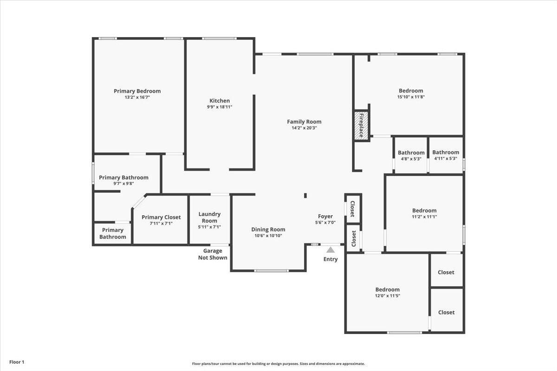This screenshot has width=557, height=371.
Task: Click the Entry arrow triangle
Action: (x=330, y=250)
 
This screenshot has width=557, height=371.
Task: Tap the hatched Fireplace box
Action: (x=361, y=126)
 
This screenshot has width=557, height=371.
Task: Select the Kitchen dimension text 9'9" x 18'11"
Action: (x=220, y=107)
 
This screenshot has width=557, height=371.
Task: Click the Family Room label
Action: (x=304, y=122)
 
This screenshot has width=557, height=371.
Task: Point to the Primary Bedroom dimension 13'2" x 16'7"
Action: (x=137, y=97)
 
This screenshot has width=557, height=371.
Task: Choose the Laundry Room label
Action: (x=209, y=217)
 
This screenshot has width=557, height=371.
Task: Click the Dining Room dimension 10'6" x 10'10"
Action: (x=268, y=236)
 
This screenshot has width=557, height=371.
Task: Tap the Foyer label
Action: (x=325, y=217)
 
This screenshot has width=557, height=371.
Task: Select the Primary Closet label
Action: (x=161, y=217)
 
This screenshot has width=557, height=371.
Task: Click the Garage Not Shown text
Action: (x=213, y=254)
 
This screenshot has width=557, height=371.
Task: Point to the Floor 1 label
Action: (x=17, y=362)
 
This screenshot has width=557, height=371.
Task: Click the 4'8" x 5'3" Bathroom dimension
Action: (x=411, y=159)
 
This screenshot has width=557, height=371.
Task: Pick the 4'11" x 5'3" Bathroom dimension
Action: (x=446, y=159)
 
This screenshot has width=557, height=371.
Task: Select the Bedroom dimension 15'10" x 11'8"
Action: (x=411, y=97)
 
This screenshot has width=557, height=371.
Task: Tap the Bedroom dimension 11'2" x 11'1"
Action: (x=424, y=217)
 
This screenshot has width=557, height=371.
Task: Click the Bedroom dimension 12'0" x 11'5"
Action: (x=388, y=296)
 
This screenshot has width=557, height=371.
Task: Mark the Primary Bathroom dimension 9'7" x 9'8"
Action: (x=123, y=184)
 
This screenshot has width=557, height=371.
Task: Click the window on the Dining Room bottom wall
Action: (x=271, y=271)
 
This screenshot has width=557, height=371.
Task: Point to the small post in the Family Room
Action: (x=305, y=196)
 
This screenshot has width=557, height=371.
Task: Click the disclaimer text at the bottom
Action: (x=278, y=364)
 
